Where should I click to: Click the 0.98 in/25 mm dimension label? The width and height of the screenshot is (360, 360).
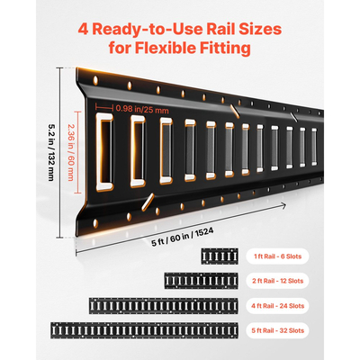click(142, 109)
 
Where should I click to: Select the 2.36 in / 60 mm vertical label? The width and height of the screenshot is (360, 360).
click(70, 152)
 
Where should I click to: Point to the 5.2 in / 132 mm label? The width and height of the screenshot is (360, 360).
click(50, 153)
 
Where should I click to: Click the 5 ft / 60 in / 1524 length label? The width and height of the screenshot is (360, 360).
click(183, 237)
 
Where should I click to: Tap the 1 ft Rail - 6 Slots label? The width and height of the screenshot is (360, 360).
click(277, 256)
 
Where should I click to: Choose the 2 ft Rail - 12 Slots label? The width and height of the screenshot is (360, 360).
click(277, 281)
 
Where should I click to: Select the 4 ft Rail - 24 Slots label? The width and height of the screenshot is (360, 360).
click(277, 306)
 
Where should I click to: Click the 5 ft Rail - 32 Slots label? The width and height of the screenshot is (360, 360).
click(277, 330)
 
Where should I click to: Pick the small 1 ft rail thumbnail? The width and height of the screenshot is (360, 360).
click(220, 256)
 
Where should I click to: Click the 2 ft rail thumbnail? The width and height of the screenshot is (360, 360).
click(202, 281)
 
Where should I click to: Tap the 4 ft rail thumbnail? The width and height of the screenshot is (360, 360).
click(164, 306)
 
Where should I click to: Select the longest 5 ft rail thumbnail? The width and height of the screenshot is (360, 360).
click(144, 330)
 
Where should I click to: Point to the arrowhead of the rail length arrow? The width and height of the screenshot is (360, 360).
click(283, 205)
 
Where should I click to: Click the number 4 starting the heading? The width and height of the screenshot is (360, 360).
click(83, 30)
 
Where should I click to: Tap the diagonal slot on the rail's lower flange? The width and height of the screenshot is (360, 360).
click(148, 202)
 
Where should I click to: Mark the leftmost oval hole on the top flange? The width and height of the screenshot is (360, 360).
click(95, 80)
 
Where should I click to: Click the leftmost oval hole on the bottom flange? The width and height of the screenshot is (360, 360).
click(95, 223)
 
